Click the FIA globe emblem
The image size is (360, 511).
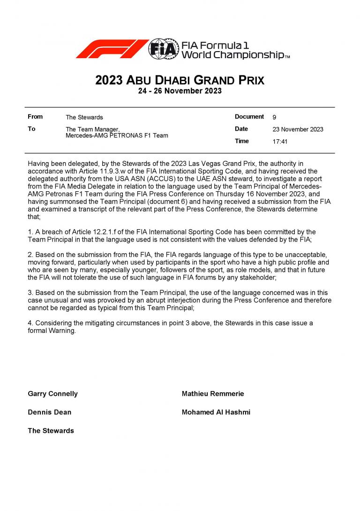point(164,49)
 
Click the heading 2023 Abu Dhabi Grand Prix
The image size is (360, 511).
point(180,80)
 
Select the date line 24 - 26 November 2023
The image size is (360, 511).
point(180,91)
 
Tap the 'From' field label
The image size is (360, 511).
point(35,117)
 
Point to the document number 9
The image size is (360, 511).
point(274,117)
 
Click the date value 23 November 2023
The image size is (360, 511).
point(298,129)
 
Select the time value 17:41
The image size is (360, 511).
point(280,142)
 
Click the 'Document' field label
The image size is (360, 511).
point(249,117)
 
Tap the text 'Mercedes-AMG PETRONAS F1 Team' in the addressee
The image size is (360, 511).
point(117,136)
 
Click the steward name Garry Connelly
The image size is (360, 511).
point(53,394)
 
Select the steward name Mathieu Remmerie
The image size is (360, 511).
point(213,394)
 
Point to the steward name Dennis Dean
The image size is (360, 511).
point(50,413)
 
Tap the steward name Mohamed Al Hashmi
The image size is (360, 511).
point(216,413)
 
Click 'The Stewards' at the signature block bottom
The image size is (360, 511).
point(51,431)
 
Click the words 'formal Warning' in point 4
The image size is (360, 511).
point(52,331)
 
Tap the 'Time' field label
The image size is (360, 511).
point(242,141)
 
